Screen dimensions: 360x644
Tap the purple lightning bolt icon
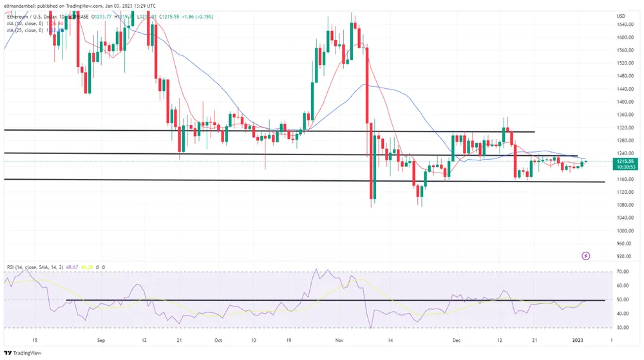click(586, 256)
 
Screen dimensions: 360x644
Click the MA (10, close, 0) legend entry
click(26, 23)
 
